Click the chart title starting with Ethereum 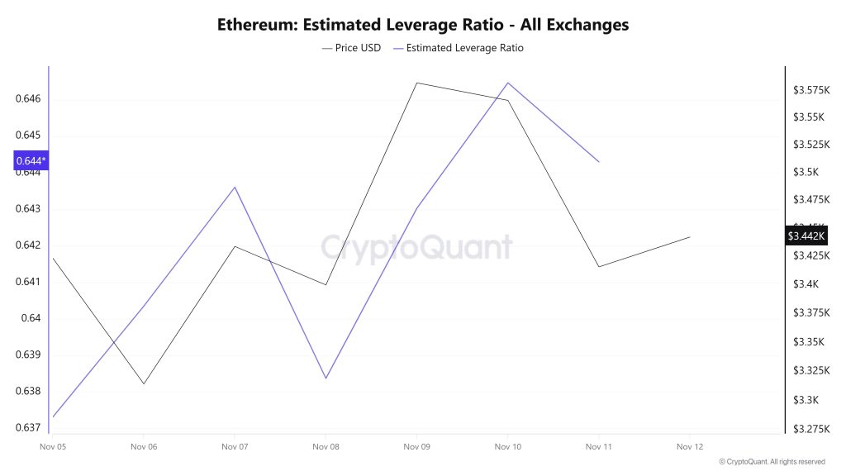[423, 24]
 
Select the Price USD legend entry [351, 48]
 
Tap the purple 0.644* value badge [31, 160]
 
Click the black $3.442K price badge [806, 236]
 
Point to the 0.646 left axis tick [28, 99]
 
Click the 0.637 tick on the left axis [28, 427]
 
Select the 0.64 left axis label [31, 318]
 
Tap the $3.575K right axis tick [811, 89]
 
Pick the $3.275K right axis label [811, 429]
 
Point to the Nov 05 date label [52, 447]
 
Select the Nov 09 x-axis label [416, 447]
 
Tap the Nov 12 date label [689, 447]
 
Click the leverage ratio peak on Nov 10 [507, 83]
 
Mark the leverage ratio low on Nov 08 [326, 378]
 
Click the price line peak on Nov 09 [416, 83]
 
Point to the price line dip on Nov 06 [144, 383]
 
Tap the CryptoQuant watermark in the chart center [416, 247]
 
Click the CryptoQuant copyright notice [772, 462]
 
